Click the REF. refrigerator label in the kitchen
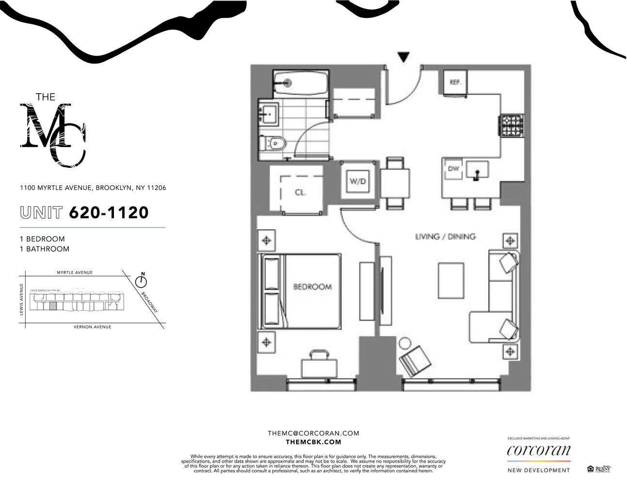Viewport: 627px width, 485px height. tap(455, 82)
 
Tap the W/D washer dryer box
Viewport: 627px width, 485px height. tap(358, 181)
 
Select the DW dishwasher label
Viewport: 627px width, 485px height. tap(454, 169)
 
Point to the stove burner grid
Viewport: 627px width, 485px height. tap(512, 125)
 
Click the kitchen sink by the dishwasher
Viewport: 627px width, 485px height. tap(477, 171)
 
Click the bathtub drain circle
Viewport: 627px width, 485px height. tap(287, 83)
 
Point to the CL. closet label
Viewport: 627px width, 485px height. tap(300, 193)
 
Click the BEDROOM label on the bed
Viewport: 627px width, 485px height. tap(313, 287)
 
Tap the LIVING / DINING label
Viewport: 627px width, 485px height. tap(445, 237)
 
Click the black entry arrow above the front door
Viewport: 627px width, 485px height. tap(403, 57)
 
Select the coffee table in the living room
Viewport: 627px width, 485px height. tap(451, 281)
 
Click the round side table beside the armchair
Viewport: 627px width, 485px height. tap(404, 343)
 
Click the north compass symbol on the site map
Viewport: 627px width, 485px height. tap(141, 280)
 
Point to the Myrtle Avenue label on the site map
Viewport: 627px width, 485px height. tap(75, 273)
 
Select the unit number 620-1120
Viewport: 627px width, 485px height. tap(109, 212)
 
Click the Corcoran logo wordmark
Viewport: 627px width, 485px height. tap(538, 451)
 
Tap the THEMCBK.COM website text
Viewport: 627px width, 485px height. tap(313, 442)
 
